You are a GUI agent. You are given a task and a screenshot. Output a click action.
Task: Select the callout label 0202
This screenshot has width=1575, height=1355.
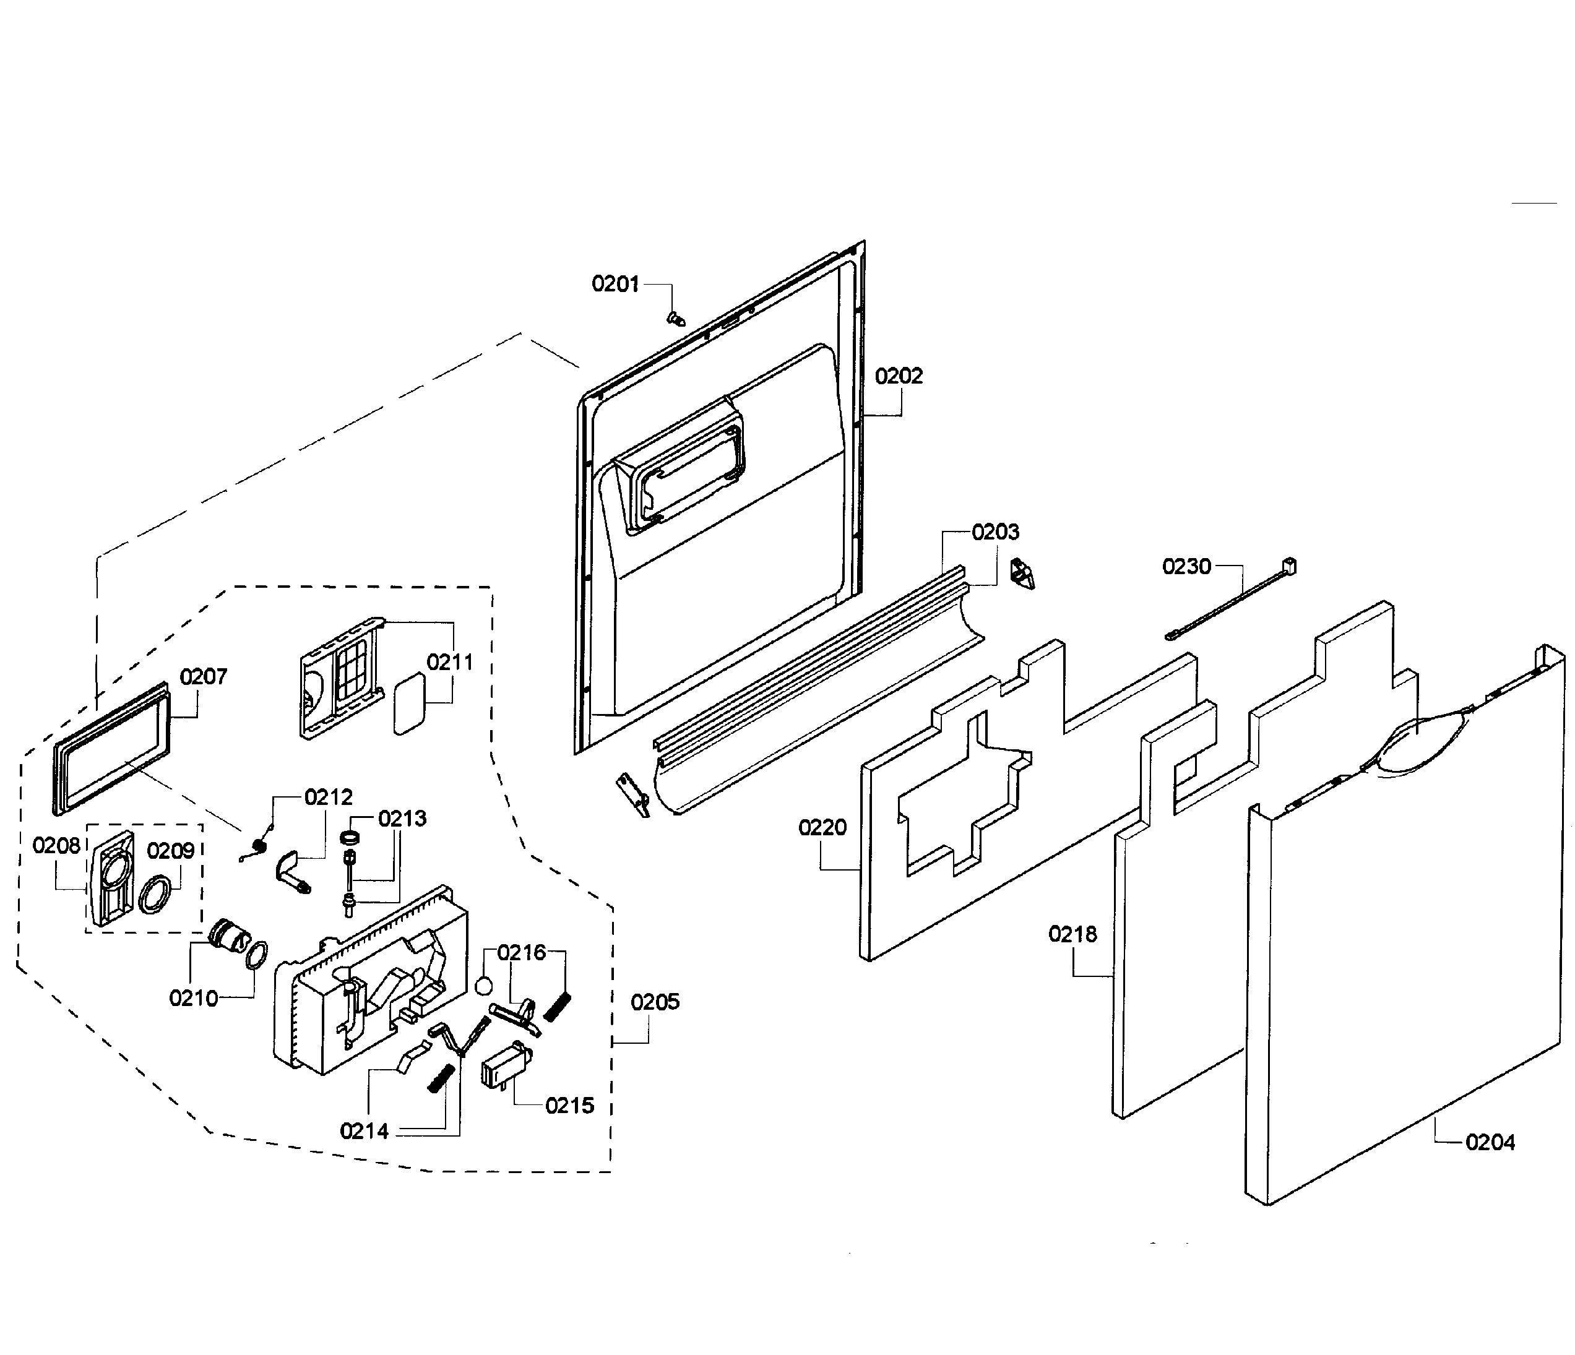(899, 376)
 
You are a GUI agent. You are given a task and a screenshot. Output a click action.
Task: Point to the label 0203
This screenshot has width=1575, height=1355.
(995, 532)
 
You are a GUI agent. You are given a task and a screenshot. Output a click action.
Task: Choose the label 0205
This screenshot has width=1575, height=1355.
(655, 1002)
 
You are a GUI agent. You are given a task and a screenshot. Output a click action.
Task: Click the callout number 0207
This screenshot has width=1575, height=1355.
(203, 676)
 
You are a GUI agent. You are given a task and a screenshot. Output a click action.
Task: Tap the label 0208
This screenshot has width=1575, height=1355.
(56, 846)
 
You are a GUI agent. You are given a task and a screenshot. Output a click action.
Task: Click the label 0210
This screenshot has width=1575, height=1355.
(193, 998)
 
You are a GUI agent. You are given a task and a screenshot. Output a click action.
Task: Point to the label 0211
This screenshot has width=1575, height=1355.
(449, 662)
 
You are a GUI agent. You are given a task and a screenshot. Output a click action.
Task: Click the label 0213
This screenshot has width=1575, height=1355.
(402, 819)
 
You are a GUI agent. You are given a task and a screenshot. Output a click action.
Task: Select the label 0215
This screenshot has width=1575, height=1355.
(569, 1106)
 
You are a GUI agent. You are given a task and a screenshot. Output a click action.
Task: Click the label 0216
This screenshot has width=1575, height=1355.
(522, 952)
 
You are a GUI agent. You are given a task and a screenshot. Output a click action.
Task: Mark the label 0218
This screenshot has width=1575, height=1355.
(1072, 934)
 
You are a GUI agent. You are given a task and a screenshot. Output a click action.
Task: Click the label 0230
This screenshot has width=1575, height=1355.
(1186, 566)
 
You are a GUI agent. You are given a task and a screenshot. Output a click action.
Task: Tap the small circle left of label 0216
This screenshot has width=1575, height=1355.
(483, 986)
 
